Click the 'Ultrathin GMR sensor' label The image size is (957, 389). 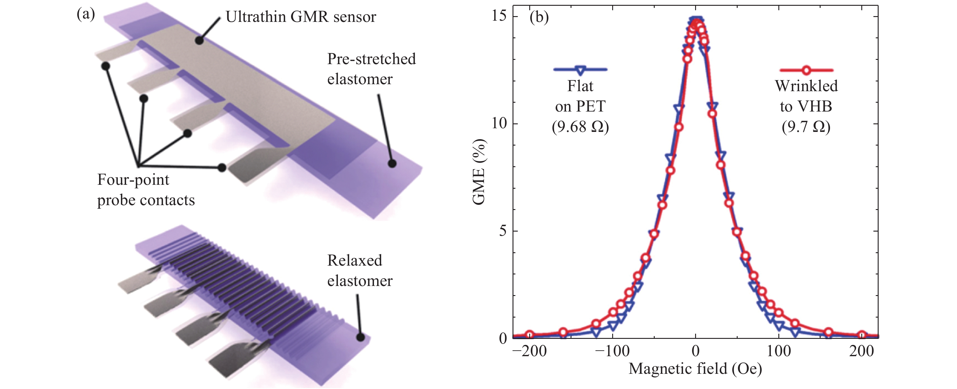(x=301, y=17)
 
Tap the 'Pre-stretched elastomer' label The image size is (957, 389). (x=371, y=69)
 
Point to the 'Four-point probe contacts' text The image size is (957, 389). (x=146, y=190)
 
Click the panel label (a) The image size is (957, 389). (x=86, y=15)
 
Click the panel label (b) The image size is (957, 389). (x=539, y=17)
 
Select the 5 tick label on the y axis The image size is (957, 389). (x=503, y=231)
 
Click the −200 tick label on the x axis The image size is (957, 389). (x=530, y=351)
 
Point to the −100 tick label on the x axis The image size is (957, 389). (x=612, y=351)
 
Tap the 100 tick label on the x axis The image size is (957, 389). (x=779, y=351)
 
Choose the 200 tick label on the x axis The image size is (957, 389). (x=862, y=351)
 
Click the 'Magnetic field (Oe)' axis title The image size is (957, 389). (x=695, y=369)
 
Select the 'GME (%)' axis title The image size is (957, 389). (x=479, y=172)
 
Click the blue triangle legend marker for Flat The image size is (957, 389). (x=580, y=70)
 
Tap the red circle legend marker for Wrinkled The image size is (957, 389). (x=806, y=70)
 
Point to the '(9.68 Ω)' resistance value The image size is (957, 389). (x=580, y=127)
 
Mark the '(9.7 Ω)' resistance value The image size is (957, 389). (x=806, y=127)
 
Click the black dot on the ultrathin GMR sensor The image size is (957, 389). (x=200, y=40)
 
